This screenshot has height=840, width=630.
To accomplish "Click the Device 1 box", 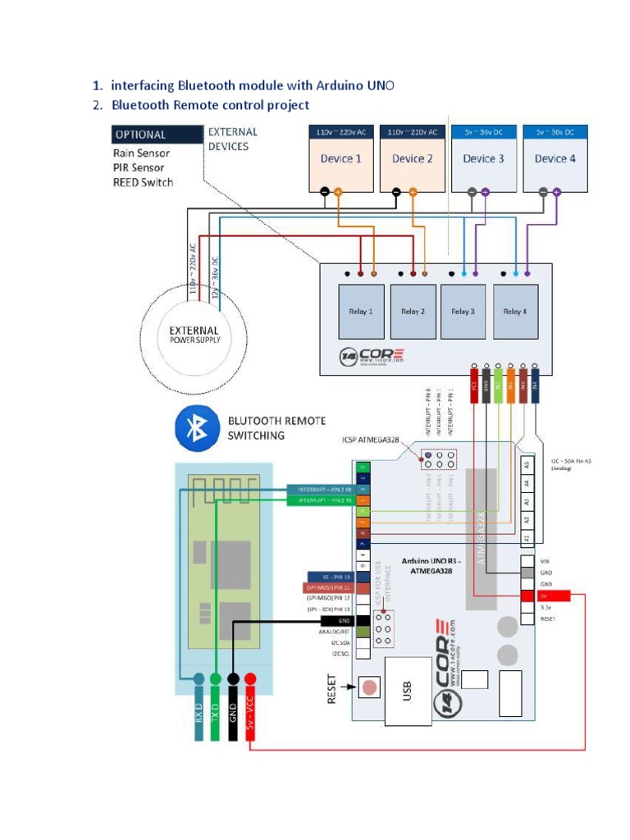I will click(340, 159).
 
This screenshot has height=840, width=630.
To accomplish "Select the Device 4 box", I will click(556, 159).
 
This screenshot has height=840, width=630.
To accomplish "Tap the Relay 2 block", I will click(413, 312).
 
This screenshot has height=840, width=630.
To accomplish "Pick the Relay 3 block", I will click(463, 312).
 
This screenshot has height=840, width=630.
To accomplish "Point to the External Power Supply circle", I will click(194, 335).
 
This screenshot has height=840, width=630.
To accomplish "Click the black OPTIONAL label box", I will click(157, 135).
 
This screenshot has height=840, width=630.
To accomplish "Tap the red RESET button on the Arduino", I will click(370, 687).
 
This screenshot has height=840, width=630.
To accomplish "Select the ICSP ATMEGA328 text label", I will click(370, 440).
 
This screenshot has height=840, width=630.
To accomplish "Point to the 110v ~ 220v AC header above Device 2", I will click(413, 131).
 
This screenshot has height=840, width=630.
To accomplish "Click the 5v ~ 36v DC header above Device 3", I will click(484, 131).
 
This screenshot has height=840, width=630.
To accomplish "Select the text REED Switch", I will click(143, 182).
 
